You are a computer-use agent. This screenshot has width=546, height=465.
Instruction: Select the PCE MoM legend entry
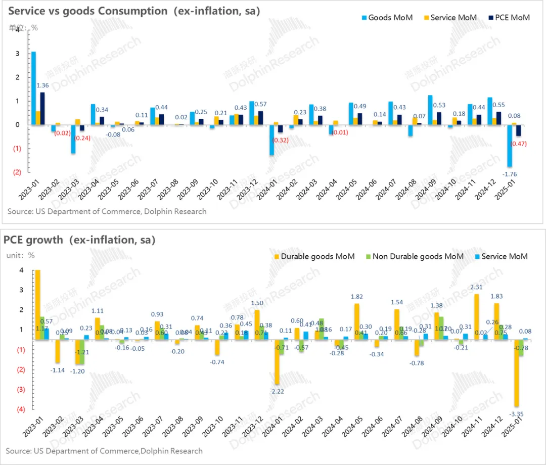pyautogui.click(x=511, y=18)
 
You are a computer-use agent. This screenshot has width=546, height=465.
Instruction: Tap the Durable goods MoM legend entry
pyautogui.click(x=317, y=256)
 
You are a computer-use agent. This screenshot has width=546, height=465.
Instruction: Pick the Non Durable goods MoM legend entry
pyautogui.click(x=418, y=256)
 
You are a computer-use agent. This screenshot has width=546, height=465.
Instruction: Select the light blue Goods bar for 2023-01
pyautogui.click(x=33, y=88)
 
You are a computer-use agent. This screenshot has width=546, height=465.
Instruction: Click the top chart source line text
pyautogui.click(x=107, y=211)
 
